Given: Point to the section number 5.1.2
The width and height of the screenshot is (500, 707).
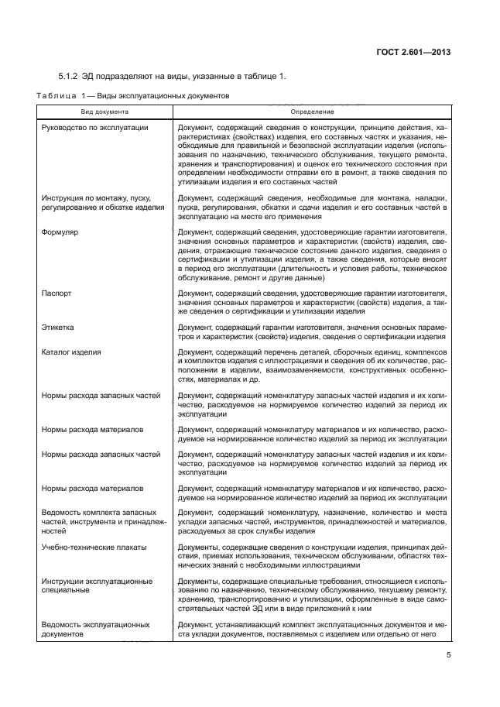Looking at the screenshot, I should pyautogui.click(x=71, y=76).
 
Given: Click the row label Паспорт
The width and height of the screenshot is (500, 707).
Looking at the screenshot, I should pyautogui.click(x=57, y=293).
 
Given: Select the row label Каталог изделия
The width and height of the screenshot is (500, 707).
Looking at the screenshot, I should pyautogui.click(x=71, y=352).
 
